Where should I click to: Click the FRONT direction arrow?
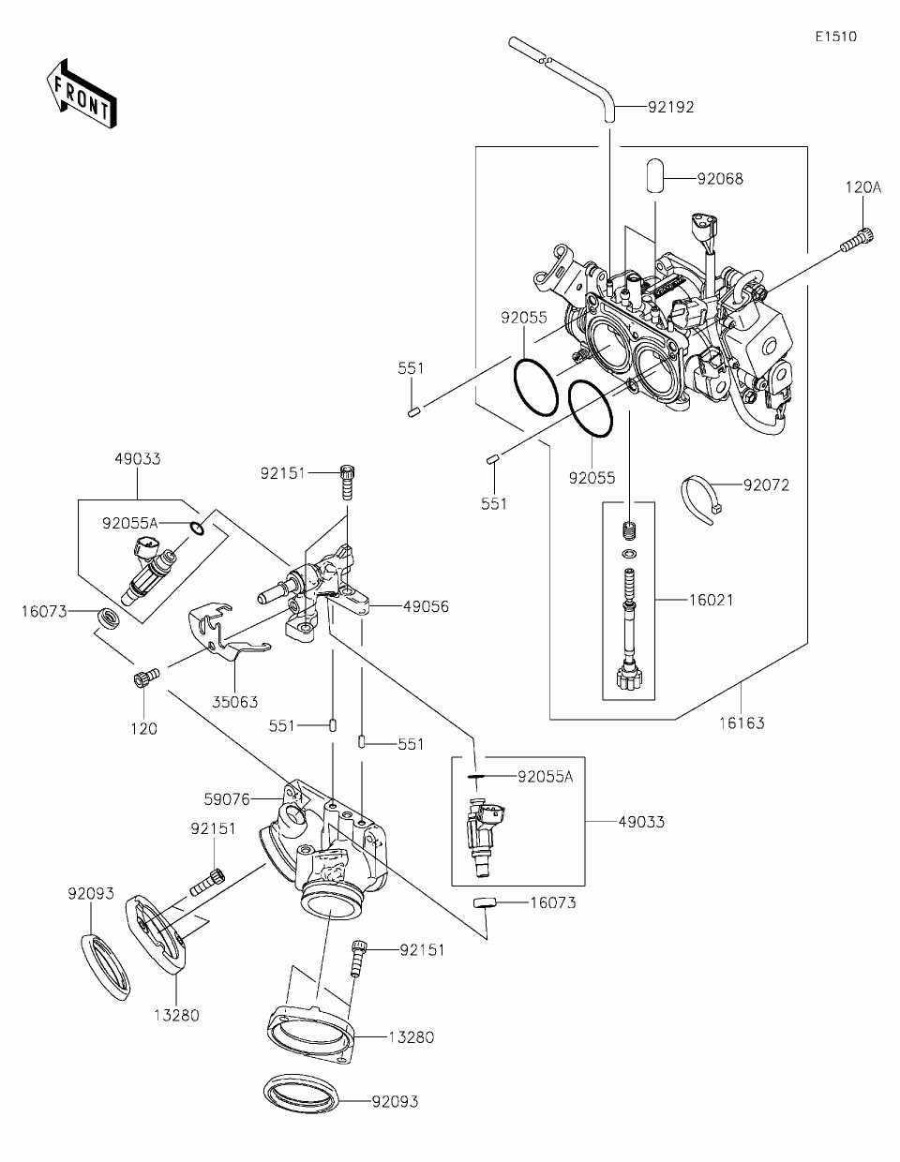pyautogui.click(x=82, y=95)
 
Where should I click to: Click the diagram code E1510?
pyautogui.click(x=836, y=37)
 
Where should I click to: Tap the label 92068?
pyautogui.click(x=720, y=179)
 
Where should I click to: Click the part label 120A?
pyautogui.click(x=863, y=187)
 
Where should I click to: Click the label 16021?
pyautogui.click(x=711, y=600)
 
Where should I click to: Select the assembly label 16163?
pyautogui.click(x=742, y=723)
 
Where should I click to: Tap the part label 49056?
pyautogui.click(x=426, y=606)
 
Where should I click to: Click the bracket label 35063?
pyautogui.click(x=234, y=702)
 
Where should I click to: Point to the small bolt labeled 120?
pyautogui.click(x=146, y=677)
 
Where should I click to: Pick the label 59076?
pyautogui.click(x=227, y=799)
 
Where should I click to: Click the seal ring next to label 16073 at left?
pyautogui.click(x=109, y=618)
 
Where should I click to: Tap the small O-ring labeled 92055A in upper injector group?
pyautogui.click(x=197, y=529)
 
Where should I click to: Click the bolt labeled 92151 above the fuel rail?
pyautogui.click(x=348, y=482)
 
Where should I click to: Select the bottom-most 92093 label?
pyautogui.click(x=395, y=1102)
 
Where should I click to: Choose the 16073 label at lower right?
pyautogui.click(x=553, y=902)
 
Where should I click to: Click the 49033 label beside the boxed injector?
pyautogui.click(x=641, y=822)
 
